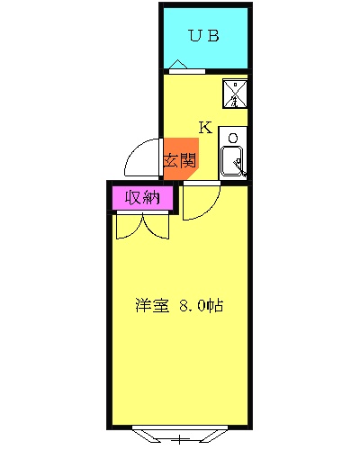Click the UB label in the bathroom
[x=203, y=36]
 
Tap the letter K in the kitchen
[x=204, y=127]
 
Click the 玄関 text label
[x=180, y=161]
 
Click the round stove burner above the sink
[x=232, y=138]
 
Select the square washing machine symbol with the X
[x=234, y=93]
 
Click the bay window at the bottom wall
[x=180, y=436]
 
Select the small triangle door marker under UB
[x=178, y=65]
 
